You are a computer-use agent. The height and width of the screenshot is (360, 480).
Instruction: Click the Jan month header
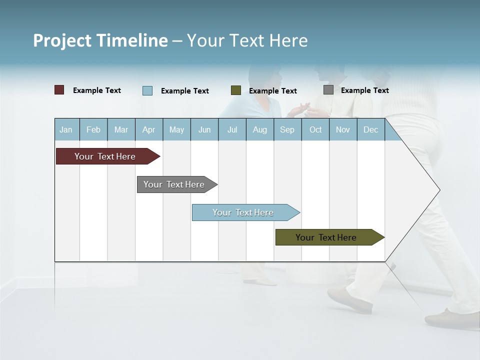coord(66,130)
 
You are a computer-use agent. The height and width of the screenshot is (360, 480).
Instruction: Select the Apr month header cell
coord(149,130)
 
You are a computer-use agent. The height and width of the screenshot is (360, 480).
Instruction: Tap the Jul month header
coord(232,130)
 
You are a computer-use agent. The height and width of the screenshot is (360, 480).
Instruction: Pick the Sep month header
coord(287,130)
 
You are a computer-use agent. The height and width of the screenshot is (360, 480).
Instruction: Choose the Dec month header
coord(370,130)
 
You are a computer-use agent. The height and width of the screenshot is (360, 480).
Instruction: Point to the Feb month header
coord(93,130)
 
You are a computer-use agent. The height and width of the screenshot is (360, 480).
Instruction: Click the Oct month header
coord(315,130)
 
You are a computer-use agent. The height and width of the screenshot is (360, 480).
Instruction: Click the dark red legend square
coord(59,90)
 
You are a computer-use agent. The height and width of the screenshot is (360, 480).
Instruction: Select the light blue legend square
coord(147,90)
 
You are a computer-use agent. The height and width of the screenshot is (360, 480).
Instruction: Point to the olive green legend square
coord(236,90)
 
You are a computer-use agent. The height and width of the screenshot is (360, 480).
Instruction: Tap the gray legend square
coord(328,90)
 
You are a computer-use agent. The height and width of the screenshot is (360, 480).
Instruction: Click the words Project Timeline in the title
coord(100,40)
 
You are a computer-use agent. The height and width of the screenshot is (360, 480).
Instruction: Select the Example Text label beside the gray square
coord(364,90)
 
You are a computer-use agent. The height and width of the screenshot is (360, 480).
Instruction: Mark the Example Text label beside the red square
coord(97,90)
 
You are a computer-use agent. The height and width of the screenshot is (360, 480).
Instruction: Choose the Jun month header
coord(204,130)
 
